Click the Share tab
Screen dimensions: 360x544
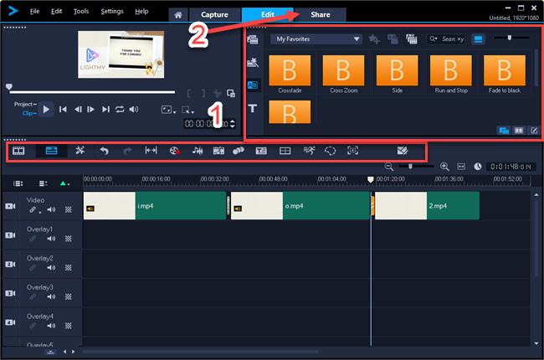tap(321, 15)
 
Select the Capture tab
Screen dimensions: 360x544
tap(214, 15)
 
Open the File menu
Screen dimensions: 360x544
tap(34, 11)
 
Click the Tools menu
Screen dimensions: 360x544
tap(80, 11)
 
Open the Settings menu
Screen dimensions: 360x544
tap(111, 11)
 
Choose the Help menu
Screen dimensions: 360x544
tap(141, 11)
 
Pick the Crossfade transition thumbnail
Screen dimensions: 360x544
tap(290, 69)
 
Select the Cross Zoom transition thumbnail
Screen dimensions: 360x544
tap(343, 69)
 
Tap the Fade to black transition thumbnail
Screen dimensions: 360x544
tap(504, 69)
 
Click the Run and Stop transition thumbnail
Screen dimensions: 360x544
tap(450, 69)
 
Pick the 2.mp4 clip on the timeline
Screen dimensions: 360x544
tap(426, 205)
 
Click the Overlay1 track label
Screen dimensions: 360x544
tap(39, 229)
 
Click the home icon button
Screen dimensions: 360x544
tap(177, 15)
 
